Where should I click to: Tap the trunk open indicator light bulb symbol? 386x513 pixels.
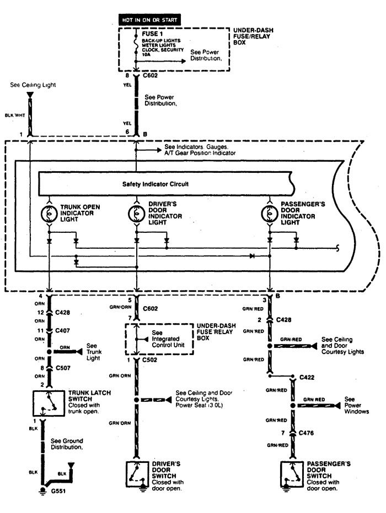pos(49,212)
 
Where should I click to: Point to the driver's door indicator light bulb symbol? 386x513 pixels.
pos(136,212)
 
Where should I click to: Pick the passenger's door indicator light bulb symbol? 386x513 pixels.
pos(270,212)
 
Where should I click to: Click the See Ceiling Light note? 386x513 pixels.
pos(33,85)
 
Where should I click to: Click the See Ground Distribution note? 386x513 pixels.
pos(67,444)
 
